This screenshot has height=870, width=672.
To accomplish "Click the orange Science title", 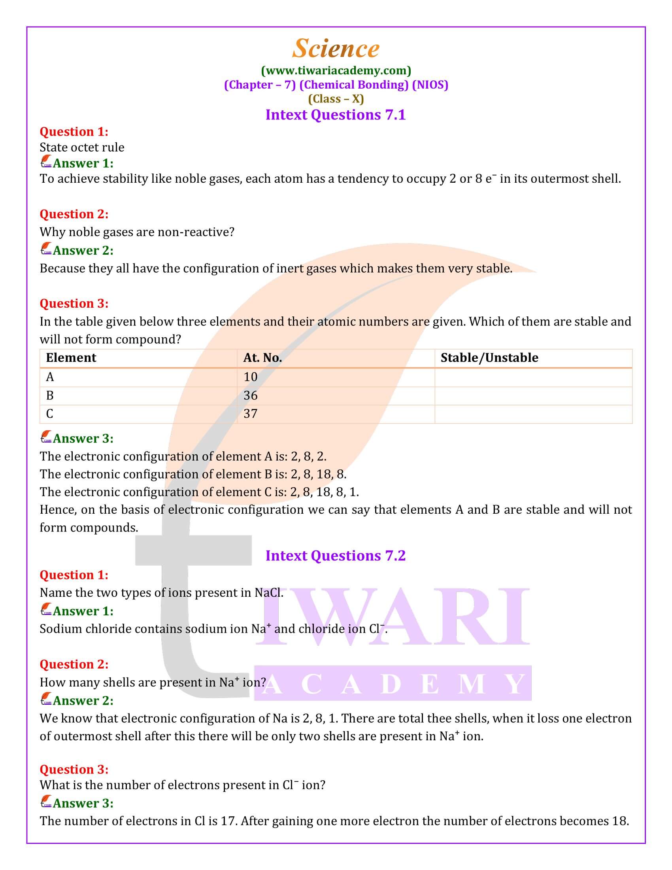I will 336,49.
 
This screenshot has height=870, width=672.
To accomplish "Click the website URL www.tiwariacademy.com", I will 336,70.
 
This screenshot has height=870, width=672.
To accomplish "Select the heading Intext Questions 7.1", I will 336,115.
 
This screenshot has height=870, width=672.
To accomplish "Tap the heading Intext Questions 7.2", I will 336,555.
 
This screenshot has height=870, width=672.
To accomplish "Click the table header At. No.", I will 262,358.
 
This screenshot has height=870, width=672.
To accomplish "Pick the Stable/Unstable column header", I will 489,358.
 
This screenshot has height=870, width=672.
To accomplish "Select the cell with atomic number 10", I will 250,377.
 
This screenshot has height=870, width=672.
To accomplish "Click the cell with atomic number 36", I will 250,395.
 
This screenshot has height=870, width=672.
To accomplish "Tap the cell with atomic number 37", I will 250,414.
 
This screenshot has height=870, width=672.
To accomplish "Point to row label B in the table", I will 50,395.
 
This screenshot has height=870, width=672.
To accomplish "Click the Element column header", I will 71,358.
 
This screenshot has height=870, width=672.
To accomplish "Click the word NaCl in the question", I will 268,593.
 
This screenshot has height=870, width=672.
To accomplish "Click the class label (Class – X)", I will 336,99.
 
